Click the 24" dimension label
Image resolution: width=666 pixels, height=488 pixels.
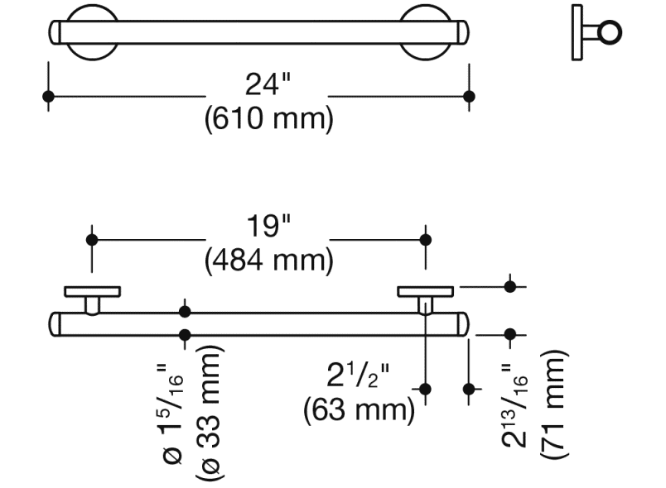pyautogui.click(x=268, y=84)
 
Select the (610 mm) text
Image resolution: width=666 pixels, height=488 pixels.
pyautogui.click(x=268, y=119)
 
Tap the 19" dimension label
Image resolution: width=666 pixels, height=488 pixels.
pyautogui.click(x=268, y=227)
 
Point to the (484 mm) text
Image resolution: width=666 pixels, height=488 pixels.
pyautogui.click(x=268, y=261)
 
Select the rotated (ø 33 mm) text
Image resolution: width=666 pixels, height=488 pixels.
pyautogui.click(x=211, y=410)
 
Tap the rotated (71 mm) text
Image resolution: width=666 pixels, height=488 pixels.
pyautogui.click(x=553, y=404)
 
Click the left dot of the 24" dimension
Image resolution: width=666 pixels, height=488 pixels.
pyautogui.click(x=48, y=96)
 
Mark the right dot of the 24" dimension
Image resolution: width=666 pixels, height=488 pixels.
pyautogui.click(x=470, y=96)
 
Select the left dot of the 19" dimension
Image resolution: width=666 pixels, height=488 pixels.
pyautogui.click(x=93, y=240)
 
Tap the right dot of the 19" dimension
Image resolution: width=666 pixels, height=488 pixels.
pyautogui.click(x=426, y=240)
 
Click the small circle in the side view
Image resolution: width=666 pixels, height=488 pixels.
pyautogui.click(x=610, y=33)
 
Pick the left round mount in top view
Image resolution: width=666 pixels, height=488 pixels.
pyautogui.click(x=92, y=33)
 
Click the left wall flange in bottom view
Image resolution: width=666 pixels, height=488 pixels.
pyautogui.click(x=92, y=291)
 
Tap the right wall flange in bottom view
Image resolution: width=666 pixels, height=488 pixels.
pyautogui.click(x=425, y=291)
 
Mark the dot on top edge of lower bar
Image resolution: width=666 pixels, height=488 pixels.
pyautogui.click(x=185, y=312)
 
